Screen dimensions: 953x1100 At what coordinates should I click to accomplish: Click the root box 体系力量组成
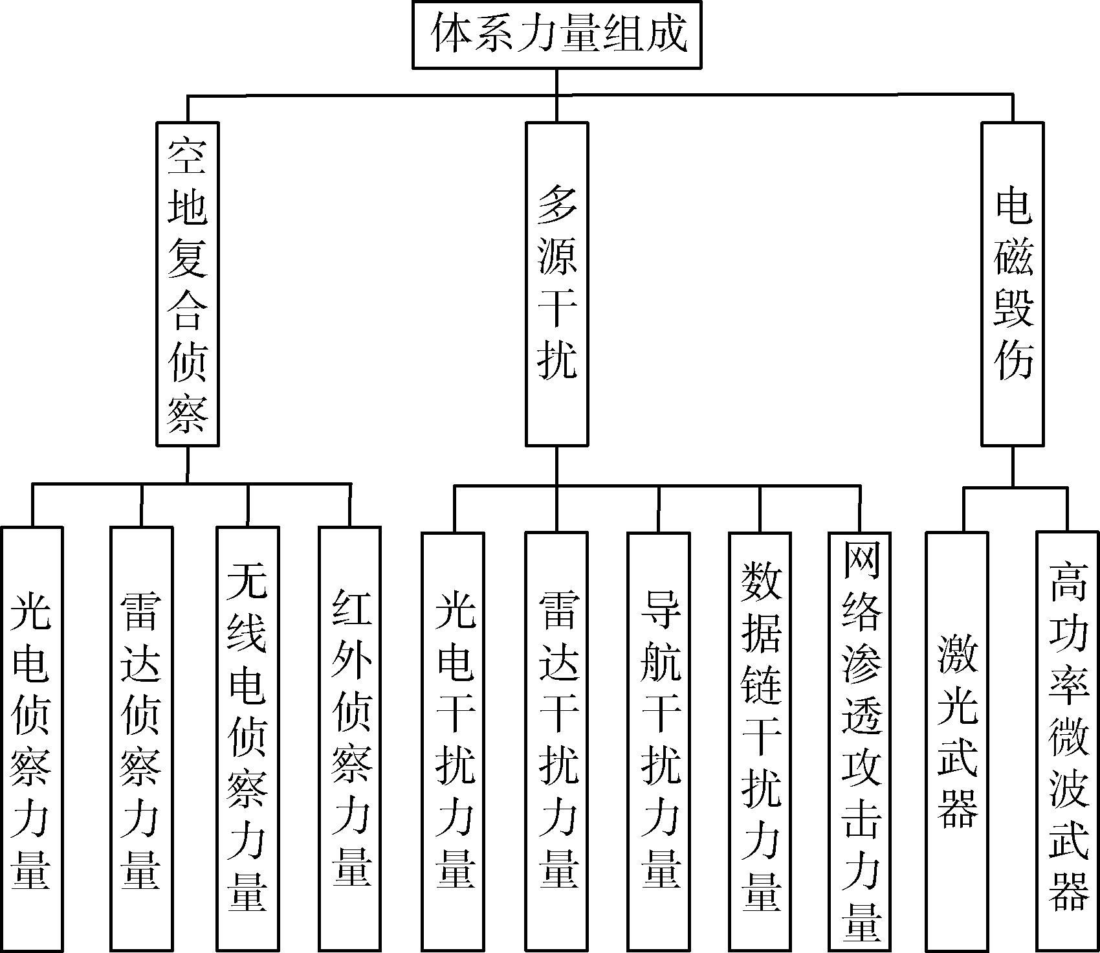pyautogui.click(x=556, y=34)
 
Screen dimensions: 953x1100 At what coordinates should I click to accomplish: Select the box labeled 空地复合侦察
pyautogui.click(x=188, y=284)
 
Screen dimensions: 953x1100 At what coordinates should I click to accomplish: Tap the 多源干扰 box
pyautogui.click(x=556, y=284)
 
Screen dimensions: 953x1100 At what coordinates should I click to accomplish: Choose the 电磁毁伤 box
pyautogui.click(x=1012, y=284)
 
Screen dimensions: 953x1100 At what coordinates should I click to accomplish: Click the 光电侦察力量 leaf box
pyautogui.click(x=32, y=738)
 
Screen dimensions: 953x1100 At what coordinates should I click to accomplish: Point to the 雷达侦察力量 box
pyautogui.click(x=141, y=738)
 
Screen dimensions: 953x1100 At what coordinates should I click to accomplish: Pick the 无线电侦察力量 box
pyautogui.click(x=247, y=738)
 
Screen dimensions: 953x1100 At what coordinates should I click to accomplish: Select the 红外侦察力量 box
pyautogui.click(x=350, y=738)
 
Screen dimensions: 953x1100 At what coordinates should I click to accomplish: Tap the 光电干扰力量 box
pyautogui.click(x=453, y=741)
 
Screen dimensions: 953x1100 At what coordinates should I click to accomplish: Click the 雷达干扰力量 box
pyautogui.click(x=556, y=741)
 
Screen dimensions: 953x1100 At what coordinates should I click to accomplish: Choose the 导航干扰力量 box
pyautogui.click(x=659, y=741)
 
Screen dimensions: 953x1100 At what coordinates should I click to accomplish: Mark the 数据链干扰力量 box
pyautogui.click(x=760, y=741)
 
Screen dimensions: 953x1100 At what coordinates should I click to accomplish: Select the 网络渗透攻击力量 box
pyautogui.click(x=860, y=741)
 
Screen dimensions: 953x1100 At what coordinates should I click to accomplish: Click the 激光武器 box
pyautogui.click(x=957, y=741)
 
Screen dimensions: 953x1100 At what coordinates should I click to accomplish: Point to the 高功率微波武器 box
pyautogui.click(x=1068, y=741)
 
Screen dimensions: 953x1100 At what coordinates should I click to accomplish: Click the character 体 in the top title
pyautogui.click(x=451, y=34)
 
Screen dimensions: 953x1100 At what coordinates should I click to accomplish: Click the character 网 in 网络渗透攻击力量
pyautogui.click(x=861, y=562)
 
